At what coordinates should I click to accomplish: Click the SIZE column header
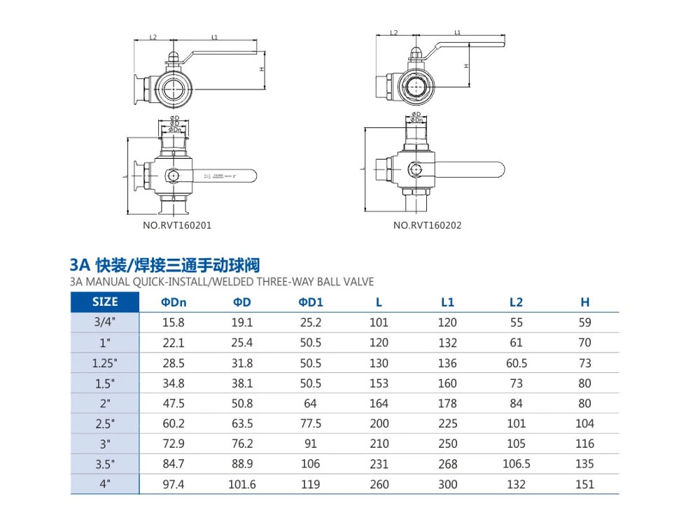tap(106, 302)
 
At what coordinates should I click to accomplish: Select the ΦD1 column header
tap(310, 302)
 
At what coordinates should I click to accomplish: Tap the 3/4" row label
tap(106, 323)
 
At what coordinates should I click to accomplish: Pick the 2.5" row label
tap(106, 423)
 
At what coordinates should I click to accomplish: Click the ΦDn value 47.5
tap(173, 403)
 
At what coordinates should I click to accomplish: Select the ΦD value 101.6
tap(241, 484)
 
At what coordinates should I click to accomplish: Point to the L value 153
tap(379, 383)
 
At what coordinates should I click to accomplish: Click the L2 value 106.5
tap(516, 464)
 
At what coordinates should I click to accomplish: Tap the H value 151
tap(585, 484)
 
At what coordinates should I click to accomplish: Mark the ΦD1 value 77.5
tap(310, 423)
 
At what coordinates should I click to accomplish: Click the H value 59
tap(585, 323)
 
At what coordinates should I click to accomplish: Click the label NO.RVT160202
tap(427, 225)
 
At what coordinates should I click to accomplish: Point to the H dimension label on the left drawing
tap(260, 69)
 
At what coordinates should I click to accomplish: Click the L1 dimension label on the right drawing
tap(457, 32)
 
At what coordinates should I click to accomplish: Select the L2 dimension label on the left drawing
tap(153, 36)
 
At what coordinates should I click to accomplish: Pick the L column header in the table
tap(379, 302)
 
